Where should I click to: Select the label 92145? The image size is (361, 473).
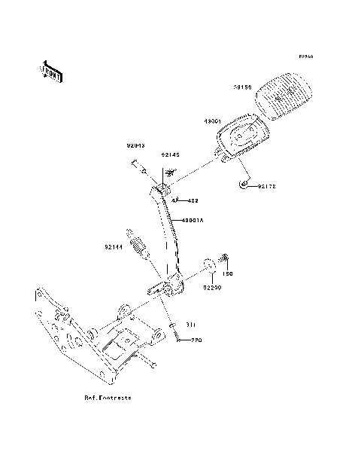point(171,155)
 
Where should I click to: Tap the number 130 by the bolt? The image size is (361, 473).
point(229,274)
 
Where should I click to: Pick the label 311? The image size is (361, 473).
point(191,325)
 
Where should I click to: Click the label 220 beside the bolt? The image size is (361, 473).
point(196,340)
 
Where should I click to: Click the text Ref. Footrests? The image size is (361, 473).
point(108,397)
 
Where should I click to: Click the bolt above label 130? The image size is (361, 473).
point(223,261)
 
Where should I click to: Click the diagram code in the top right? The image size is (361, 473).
point(305,56)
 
